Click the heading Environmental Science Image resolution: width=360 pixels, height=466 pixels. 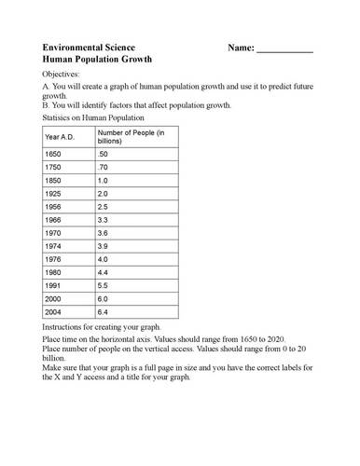89,47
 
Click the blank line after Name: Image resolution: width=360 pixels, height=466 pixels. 284,49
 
